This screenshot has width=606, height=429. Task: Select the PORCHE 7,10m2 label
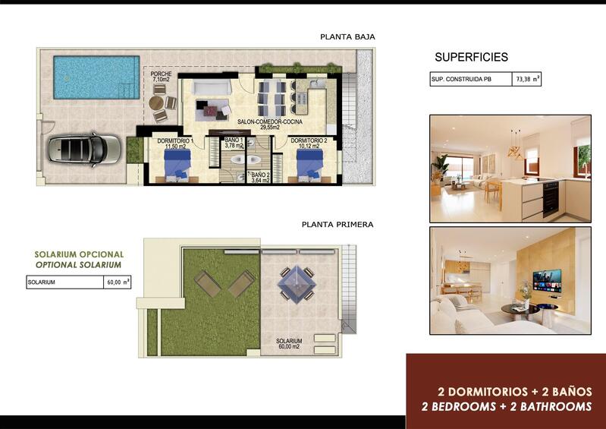click(x=161, y=77)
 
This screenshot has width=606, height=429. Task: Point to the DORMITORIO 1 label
click(x=175, y=141)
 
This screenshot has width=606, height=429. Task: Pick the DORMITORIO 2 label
click(x=309, y=141)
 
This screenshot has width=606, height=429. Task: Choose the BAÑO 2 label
click(x=261, y=177)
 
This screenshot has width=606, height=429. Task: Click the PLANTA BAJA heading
click(x=347, y=36)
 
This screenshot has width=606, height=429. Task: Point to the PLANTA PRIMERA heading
click(x=337, y=225)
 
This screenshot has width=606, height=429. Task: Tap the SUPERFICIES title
click(x=471, y=58)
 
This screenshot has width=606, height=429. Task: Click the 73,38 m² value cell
click(x=527, y=79)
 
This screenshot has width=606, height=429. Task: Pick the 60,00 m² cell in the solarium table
click(x=117, y=282)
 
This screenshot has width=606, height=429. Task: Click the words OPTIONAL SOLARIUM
click(x=78, y=265)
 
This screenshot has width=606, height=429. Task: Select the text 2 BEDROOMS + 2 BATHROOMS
click(x=506, y=407)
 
